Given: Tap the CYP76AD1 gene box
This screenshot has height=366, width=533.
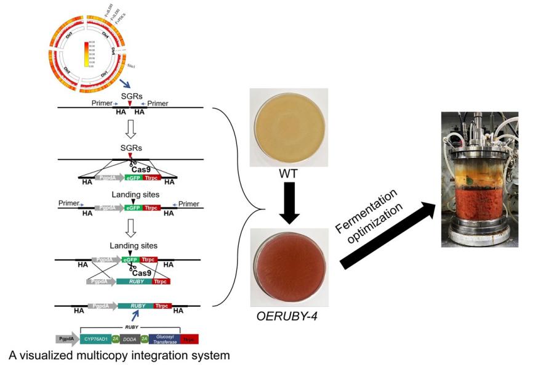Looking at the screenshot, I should coord(100,338).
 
